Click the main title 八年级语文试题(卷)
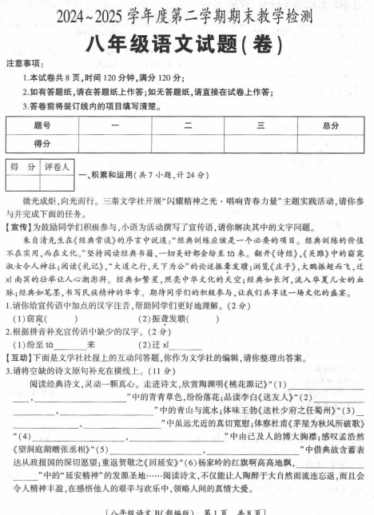pos(187,41)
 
